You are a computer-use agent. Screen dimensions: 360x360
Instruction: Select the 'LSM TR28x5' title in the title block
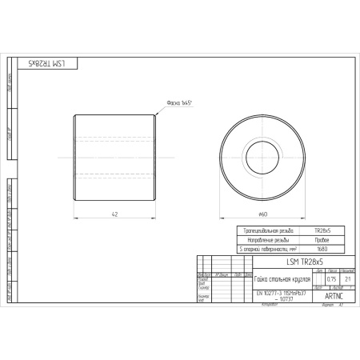pyautogui.click(x=304, y=262)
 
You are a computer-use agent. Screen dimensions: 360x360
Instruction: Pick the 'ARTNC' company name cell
pyautogui.click(x=334, y=295)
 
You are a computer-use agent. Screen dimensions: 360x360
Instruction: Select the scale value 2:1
pyautogui.click(x=347, y=278)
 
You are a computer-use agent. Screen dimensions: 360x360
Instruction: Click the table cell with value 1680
pyautogui.click(x=322, y=249)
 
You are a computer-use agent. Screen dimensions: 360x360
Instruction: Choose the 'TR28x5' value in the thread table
pyautogui.click(x=322, y=230)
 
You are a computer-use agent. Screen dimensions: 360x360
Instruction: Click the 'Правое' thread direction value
pyautogui.click(x=322, y=239)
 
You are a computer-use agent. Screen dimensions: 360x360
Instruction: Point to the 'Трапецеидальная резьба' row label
pyautogui.click(x=268, y=230)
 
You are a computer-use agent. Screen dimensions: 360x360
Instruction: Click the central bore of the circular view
pyautogui.click(x=262, y=152)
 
